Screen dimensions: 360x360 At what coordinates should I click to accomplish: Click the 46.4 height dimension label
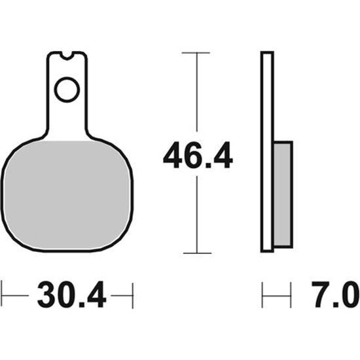pyautogui.click(x=198, y=155)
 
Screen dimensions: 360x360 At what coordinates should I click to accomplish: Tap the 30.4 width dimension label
pyautogui.click(x=72, y=295)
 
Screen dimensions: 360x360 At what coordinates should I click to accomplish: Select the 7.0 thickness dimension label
pyautogui.click(x=335, y=295)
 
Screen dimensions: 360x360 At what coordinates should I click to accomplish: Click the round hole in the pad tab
pyautogui.click(x=67, y=90)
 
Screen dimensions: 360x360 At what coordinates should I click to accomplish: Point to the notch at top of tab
pyautogui.click(x=67, y=56)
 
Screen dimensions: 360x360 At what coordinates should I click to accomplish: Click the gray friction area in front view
pyautogui.click(x=67, y=195)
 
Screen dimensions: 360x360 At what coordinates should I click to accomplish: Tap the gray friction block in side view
pyautogui.click(x=283, y=194)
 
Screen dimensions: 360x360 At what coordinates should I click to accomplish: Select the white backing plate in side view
pyautogui.click(x=267, y=152)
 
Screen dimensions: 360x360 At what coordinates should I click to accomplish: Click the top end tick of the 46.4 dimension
pyautogui.click(x=196, y=53)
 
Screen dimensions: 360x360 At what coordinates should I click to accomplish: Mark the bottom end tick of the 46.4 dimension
pyautogui.click(x=197, y=253)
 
